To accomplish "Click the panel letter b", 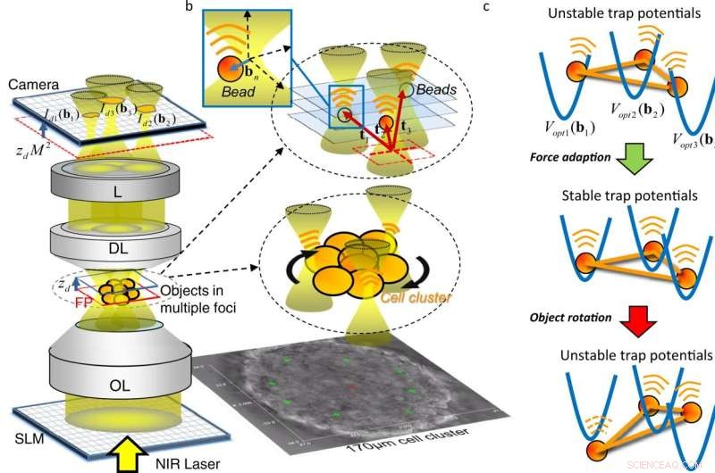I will coord(186,8).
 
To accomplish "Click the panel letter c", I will coord(510,8).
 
